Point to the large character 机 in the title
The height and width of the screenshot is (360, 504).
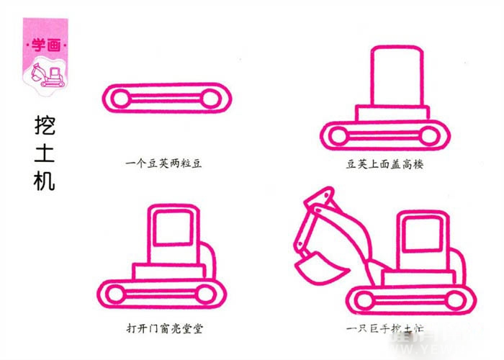(44, 180)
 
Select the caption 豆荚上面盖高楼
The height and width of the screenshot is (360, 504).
(385, 163)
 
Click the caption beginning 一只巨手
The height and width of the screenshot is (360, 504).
(384, 329)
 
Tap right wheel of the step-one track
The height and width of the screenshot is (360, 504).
(210, 98)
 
